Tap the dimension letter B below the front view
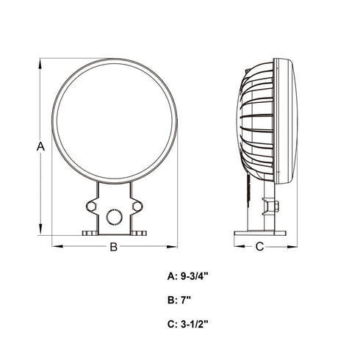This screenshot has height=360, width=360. pos(113,247)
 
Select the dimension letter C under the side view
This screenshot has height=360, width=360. pos(259,247)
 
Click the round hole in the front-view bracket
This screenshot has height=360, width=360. pos(114,216)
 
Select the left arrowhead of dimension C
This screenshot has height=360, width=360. pos(237,246)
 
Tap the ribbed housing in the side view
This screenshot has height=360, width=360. pos(257,121)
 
